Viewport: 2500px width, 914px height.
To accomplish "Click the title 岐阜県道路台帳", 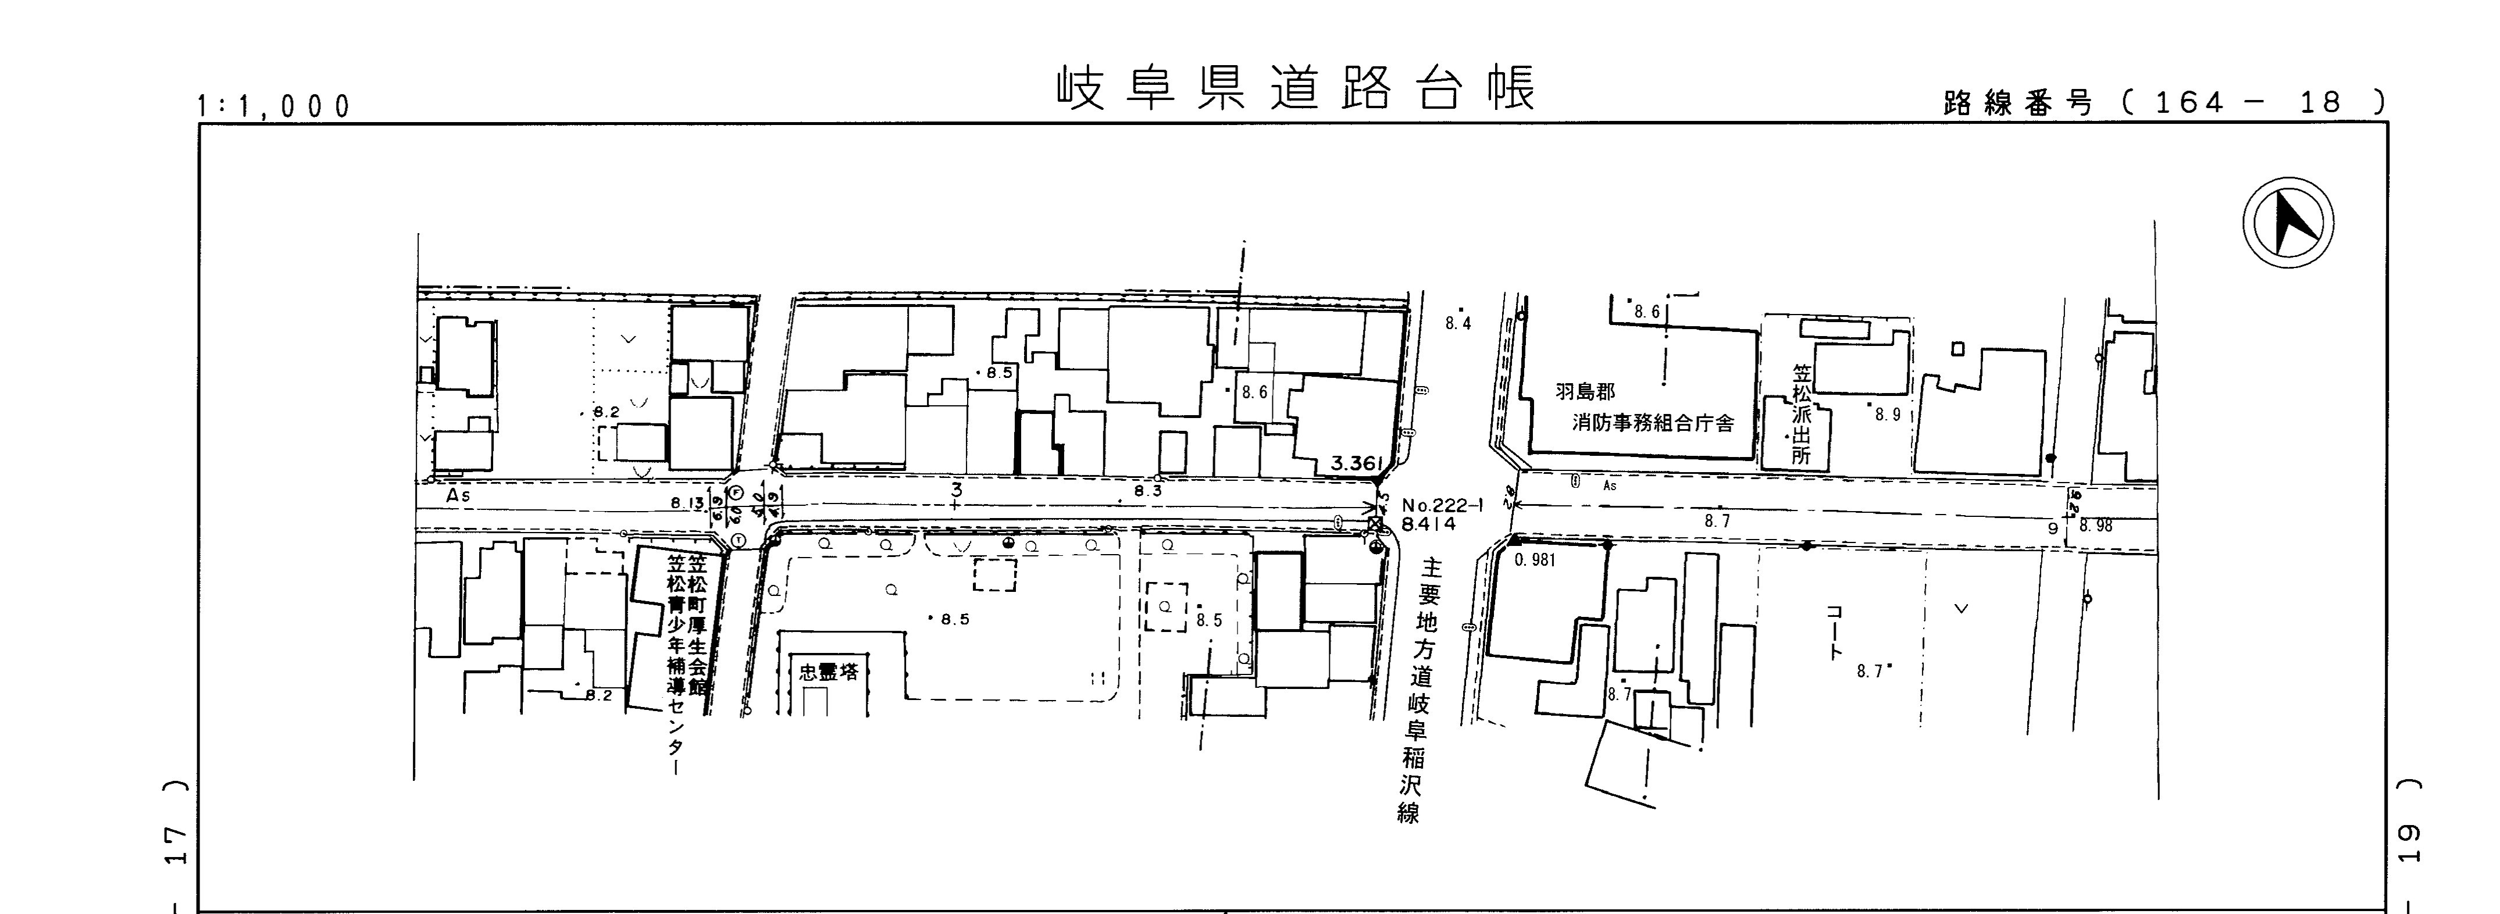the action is pyautogui.click(x=1297, y=90).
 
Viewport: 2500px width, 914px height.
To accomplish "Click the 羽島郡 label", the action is pyautogui.click(x=1585, y=392).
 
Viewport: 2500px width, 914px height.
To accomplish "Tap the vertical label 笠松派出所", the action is pyautogui.click(x=1801, y=415).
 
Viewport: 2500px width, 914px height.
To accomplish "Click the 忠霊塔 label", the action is pyautogui.click(x=828, y=672).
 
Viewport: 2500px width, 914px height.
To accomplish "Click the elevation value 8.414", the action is pyautogui.click(x=1429, y=524).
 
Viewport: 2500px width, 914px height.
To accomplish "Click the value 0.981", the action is pyautogui.click(x=1534, y=560).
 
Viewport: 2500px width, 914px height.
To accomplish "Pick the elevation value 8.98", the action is pyautogui.click(x=2095, y=526).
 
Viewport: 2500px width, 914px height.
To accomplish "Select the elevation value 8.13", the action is pyautogui.click(x=687, y=502).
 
